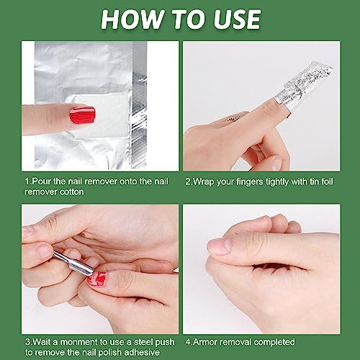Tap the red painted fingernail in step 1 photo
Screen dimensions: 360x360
(82, 115)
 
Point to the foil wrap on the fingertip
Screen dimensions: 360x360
(304, 87)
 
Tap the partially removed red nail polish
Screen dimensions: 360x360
(96, 279)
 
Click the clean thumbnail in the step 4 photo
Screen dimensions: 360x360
(219, 246)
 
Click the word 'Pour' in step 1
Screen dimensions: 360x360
(41, 181)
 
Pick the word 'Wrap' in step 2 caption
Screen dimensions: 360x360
(203, 181)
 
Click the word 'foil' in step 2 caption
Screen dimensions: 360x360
(326, 181)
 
